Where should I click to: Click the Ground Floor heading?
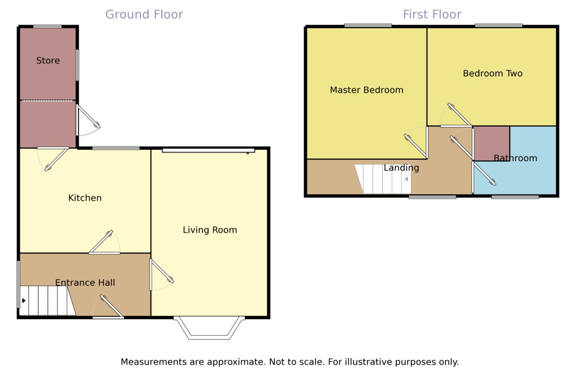pos(144,14)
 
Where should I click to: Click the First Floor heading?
pos(432,14)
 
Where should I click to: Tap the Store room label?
pos(48,61)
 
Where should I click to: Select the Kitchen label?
pos(85,198)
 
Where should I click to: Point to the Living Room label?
pos(210,230)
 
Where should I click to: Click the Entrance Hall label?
pos(85,283)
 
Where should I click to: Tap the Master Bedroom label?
pos(366,90)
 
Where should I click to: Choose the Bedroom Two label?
pos(492,73)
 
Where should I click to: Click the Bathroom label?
pos(515,158)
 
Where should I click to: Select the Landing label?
pos(401,168)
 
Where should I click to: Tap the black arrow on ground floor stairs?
pos(24,301)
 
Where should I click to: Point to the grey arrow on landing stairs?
pos(406,179)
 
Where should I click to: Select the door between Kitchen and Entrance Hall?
pos(104,244)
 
